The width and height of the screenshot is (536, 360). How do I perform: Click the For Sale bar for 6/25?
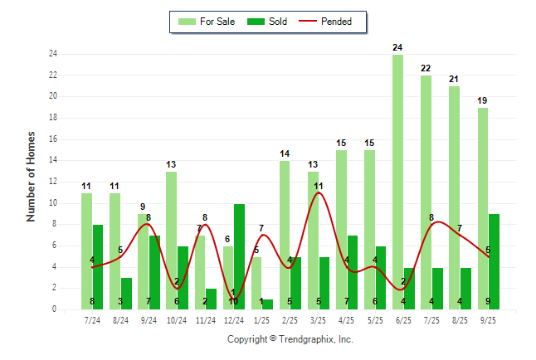tap(397, 182)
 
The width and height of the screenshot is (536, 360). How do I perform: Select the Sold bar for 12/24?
tap(239, 256)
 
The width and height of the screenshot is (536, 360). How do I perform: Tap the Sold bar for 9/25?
tap(495, 261)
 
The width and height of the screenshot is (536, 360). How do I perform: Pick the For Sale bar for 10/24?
tap(171, 241)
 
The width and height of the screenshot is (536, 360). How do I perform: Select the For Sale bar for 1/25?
tap(256, 283)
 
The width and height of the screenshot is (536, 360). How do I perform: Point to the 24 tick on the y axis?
tap(52, 54)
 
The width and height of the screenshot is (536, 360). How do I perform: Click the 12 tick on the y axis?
tap(52, 182)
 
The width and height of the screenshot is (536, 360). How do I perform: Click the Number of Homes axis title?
tap(32, 176)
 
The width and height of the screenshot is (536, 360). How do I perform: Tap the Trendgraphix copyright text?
tap(290, 339)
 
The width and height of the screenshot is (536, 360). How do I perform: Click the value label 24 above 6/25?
tap(397, 47)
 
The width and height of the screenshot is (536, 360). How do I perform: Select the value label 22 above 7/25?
tap(426, 68)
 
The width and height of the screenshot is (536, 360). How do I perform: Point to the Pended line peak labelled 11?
tap(319, 194)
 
